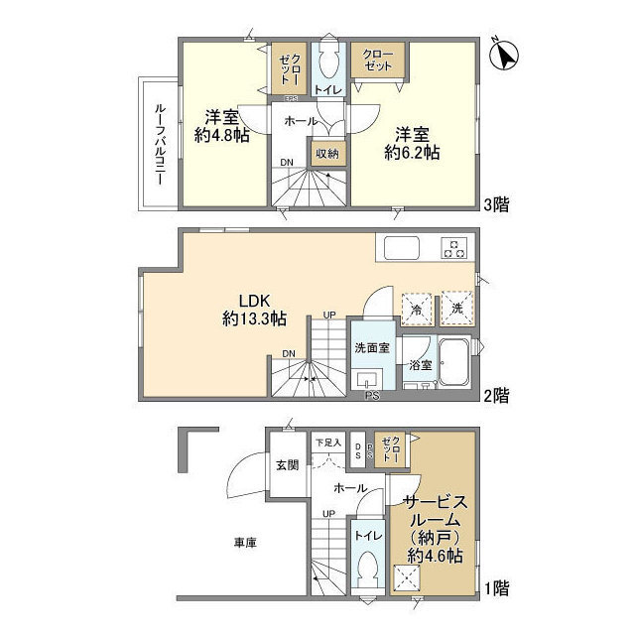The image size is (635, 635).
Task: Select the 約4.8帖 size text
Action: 221,136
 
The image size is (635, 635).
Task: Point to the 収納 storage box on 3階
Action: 327,153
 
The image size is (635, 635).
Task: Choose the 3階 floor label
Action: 497,205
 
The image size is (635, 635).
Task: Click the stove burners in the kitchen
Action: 455,247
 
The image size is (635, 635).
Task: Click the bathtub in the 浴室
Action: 455,361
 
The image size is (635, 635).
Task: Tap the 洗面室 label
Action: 372,347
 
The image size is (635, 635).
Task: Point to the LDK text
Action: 254,301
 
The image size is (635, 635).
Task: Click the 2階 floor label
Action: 497,395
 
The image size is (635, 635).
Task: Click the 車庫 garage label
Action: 246,543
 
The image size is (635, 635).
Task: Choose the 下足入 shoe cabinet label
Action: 327,443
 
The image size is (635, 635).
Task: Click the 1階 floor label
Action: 497,588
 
